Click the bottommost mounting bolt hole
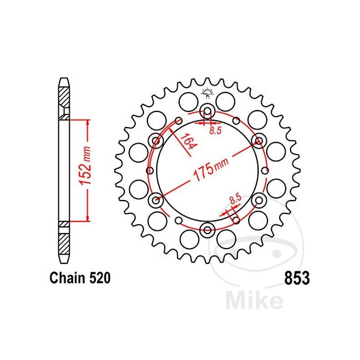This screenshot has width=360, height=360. [207, 230]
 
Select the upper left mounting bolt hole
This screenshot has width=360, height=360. [157, 142]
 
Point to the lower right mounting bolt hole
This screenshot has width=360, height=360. [259, 200]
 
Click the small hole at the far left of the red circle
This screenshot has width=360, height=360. [150, 171]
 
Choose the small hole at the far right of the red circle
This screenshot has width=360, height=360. [265, 171]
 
